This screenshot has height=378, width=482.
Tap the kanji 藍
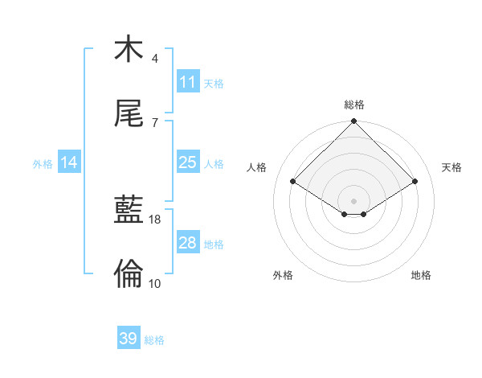[x=129, y=210]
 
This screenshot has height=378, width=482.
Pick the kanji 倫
[x=129, y=273]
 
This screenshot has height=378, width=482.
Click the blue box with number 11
[x=187, y=82]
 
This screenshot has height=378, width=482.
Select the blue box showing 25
[x=187, y=162]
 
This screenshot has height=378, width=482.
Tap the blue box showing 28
[x=187, y=243]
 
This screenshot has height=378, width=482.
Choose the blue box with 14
[x=69, y=162]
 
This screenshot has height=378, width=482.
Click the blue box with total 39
[x=128, y=339]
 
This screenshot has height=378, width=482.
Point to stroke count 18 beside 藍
[x=155, y=219]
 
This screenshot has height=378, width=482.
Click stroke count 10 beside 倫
[x=155, y=283]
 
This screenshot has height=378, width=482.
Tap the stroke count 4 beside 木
[x=155, y=59]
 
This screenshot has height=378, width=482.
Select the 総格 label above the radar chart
[x=354, y=105]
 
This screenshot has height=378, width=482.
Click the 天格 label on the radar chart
[x=451, y=167]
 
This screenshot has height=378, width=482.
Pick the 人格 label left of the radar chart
[x=257, y=167]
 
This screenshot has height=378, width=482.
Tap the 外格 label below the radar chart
[x=283, y=275]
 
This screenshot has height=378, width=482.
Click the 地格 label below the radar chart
[x=421, y=275]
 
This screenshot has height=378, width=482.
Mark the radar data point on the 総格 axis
[x=354, y=122]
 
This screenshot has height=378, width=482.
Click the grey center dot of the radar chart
[x=354, y=200]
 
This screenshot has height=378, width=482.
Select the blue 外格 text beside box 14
[x=43, y=163]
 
